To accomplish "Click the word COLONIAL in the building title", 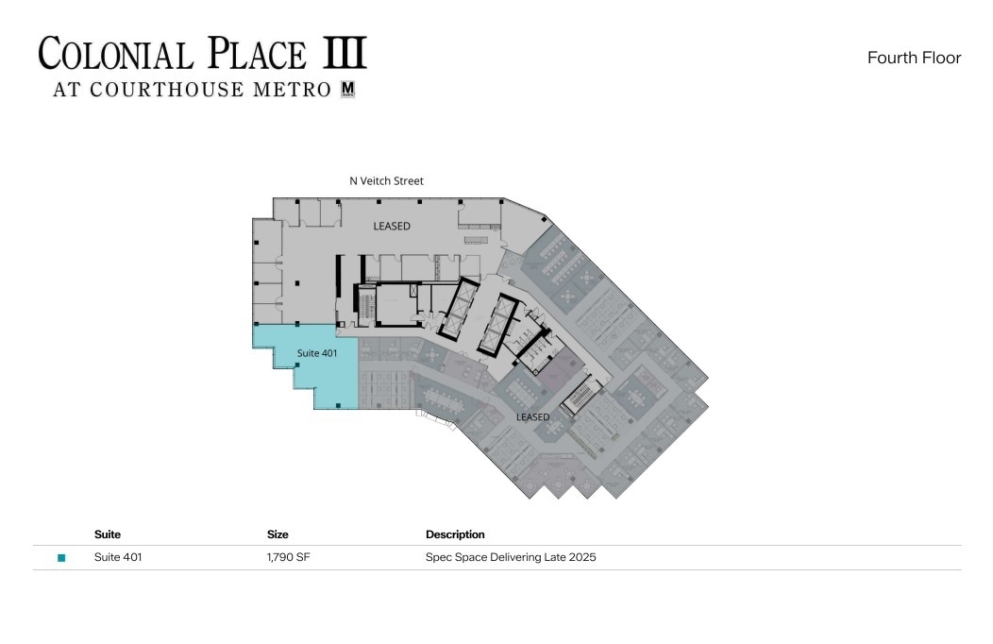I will [116, 54].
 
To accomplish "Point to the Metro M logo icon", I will [346, 91].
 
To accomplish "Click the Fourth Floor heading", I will [914, 58].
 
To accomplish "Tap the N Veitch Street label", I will [386, 180].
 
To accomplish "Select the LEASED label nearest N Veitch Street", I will [392, 226].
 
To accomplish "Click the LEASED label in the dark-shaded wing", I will [532, 416].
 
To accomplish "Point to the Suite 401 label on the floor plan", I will [317, 353].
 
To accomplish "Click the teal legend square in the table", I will [61, 558].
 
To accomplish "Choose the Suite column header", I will [108, 534].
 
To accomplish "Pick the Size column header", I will [278, 534].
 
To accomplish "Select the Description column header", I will [455, 534].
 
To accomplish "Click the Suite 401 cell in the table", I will [118, 557].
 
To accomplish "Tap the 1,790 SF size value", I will [289, 557].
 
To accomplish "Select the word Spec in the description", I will [437, 557].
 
